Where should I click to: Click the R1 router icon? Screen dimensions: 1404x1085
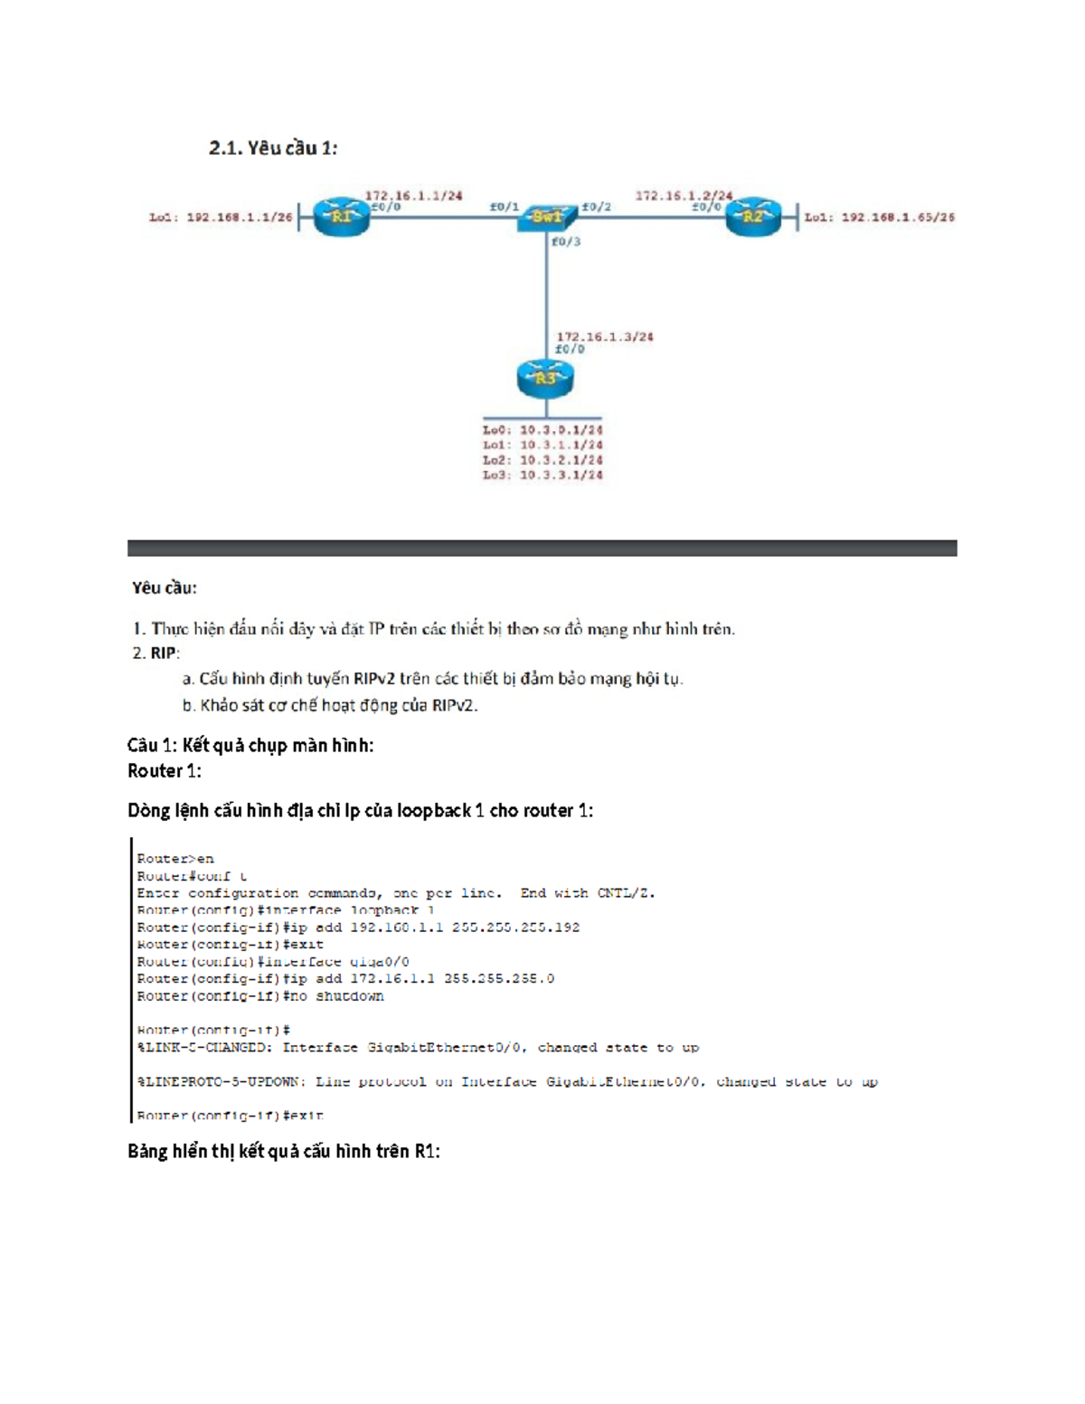(341, 217)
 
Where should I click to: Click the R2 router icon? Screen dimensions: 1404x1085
(752, 217)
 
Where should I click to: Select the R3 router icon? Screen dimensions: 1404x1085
(545, 379)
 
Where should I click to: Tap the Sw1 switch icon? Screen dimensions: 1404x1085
(547, 217)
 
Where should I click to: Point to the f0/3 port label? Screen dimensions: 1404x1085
(566, 241)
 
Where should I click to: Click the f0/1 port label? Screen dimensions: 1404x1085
(505, 206)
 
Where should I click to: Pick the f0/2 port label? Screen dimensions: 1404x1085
(596, 206)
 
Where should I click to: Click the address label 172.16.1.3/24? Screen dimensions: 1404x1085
(604, 336)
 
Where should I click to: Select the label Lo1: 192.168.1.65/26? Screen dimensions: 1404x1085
(879, 217)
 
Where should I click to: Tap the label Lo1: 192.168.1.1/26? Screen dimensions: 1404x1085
(221, 217)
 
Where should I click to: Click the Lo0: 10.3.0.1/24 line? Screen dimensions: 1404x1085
(542, 430)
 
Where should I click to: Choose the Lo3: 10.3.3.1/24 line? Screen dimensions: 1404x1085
(542, 475)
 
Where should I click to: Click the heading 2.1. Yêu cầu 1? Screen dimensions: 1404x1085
(273, 148)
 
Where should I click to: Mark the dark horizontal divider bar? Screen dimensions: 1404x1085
(542, 548)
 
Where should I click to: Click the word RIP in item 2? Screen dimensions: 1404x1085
(164, 653)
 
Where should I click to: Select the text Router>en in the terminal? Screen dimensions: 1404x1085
(175, 859)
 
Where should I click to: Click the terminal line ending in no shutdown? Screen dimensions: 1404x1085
(260, 996)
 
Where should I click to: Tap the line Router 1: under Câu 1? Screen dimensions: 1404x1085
(165, 771)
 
